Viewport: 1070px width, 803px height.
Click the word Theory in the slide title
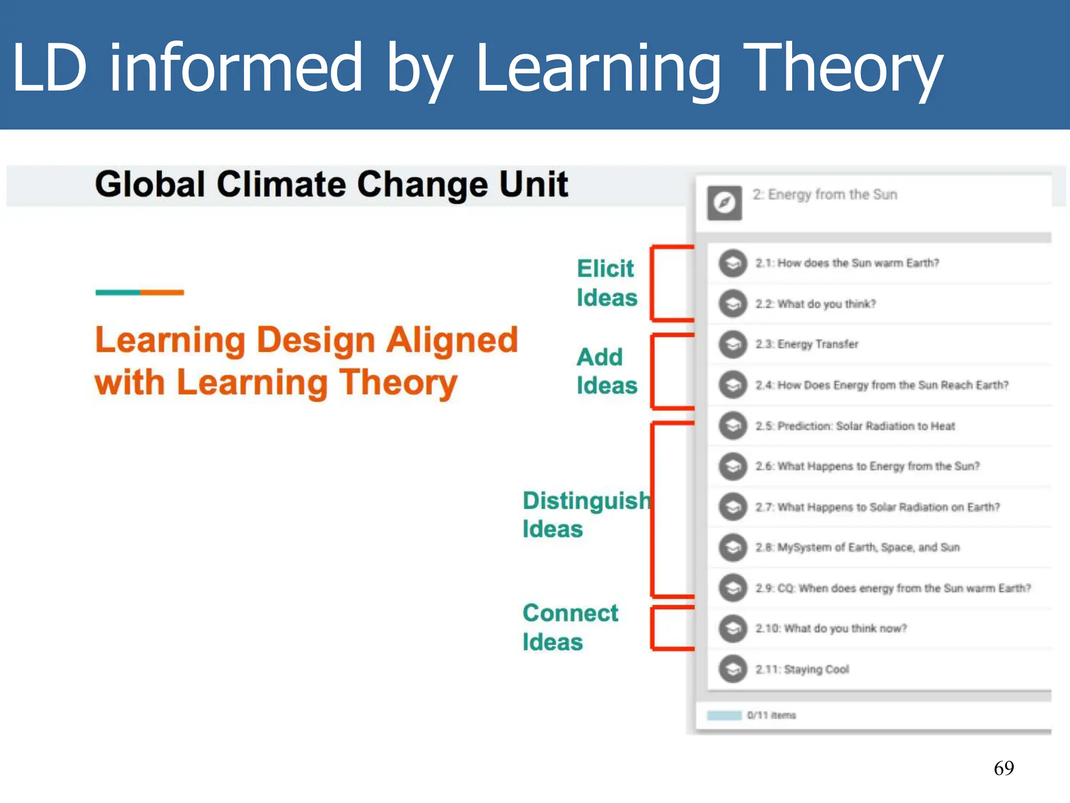(x=842, y=69)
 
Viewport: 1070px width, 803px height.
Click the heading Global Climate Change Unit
(x=331, y=185)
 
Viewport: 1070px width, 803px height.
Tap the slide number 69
(x=1003, y=768)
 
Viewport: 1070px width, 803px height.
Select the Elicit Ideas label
(x=607, y=283)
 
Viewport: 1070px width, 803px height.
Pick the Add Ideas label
(x=607, y=371)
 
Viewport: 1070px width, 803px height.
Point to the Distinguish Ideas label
(x=586, y=514)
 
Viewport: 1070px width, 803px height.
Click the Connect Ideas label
(x=570, y=627)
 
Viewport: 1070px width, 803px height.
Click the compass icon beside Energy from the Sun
(x=725, y=203)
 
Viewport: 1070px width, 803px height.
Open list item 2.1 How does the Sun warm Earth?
(x=847, y=263)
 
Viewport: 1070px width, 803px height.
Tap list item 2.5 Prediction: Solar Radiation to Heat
(x=855, y=426)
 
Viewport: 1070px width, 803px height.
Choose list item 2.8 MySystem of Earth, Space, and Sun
(x=857, y=547)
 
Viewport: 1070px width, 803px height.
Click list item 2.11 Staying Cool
(x=802, y=669)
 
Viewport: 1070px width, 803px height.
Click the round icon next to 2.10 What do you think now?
(x=733, y=628)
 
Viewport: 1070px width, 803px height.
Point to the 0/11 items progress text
(x=771, y=715)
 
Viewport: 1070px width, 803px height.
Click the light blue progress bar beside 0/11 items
(x=724, y=715)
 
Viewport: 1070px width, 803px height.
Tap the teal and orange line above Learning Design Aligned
(x=139, y=292)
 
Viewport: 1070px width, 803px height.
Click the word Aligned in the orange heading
(x=452, y=340)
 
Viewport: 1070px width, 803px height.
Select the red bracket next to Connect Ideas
(x=653, y=628)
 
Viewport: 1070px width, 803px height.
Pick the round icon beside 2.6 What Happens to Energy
(x=733, y=466)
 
